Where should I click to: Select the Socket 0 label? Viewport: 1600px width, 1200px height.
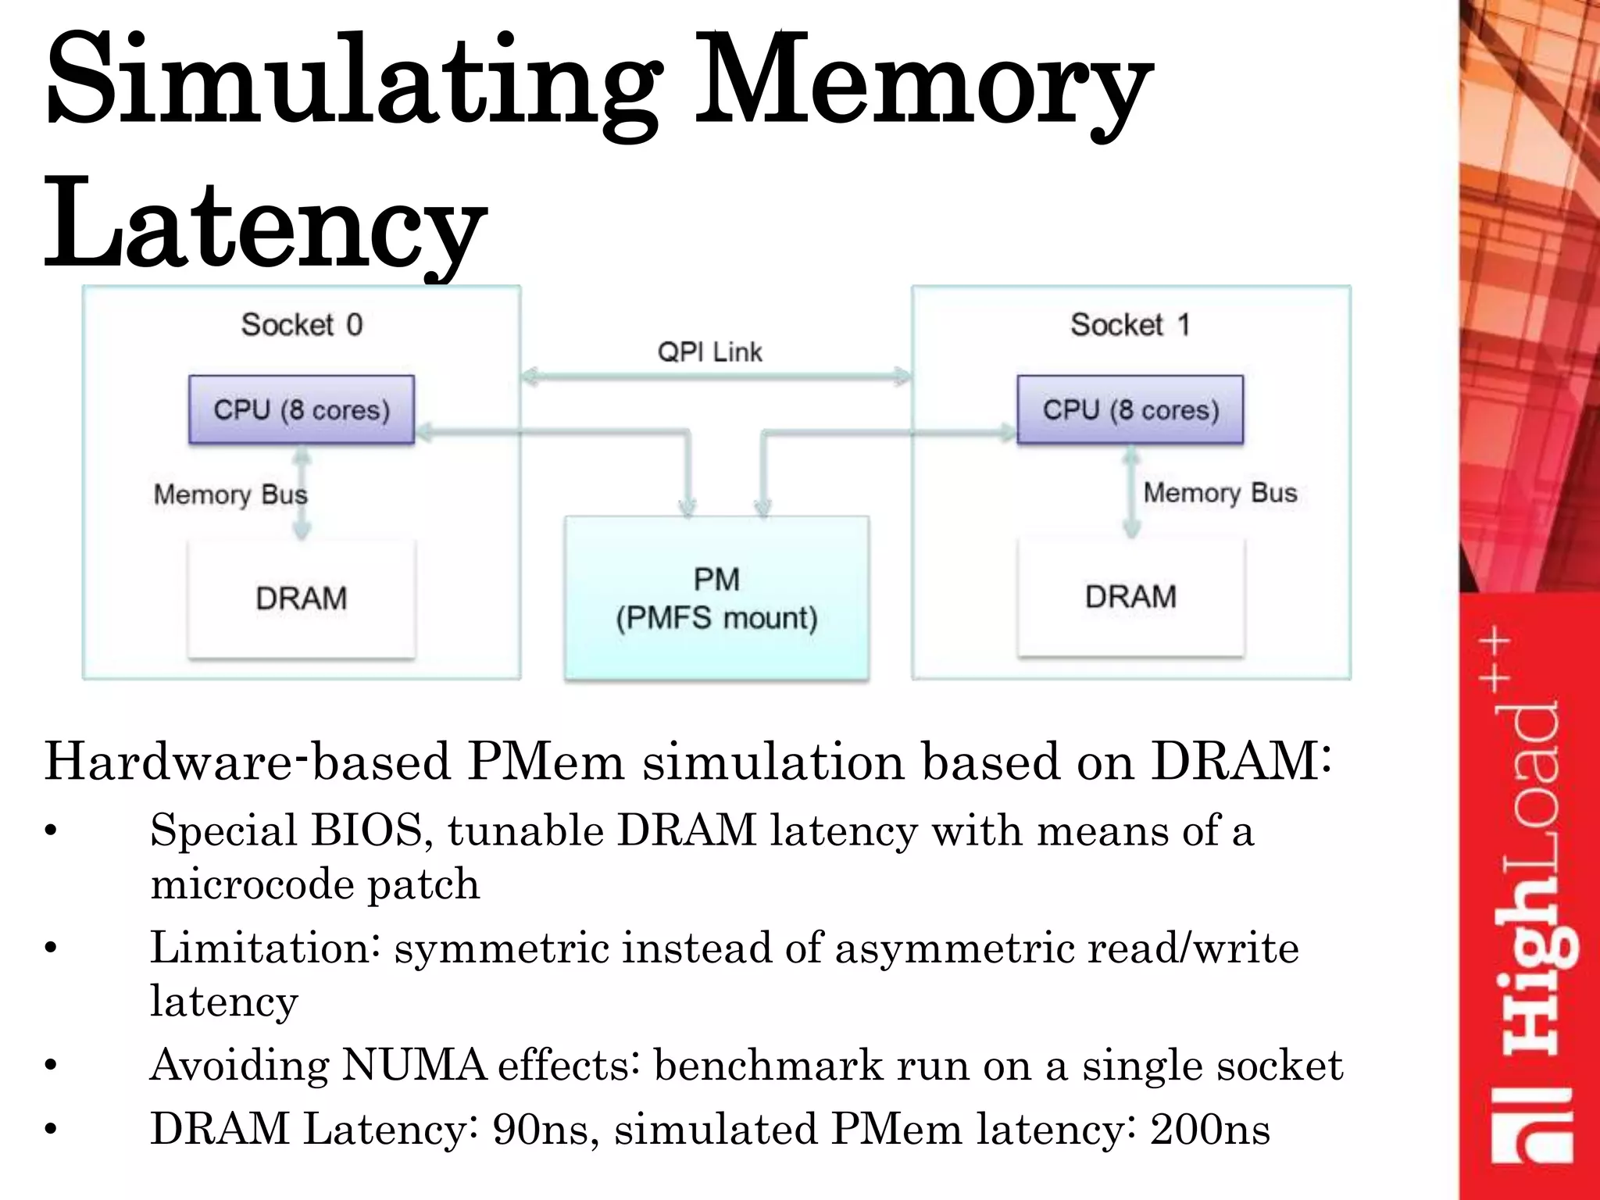point(302,324)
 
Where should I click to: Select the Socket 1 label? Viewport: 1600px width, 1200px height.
point(1130,324)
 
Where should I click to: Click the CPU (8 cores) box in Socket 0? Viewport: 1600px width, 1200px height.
point(302,410)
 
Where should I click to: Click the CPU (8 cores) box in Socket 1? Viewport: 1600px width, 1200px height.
point(1130,410)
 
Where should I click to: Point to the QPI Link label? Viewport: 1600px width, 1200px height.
point(709,352)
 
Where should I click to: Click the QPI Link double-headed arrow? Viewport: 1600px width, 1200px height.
point(716,377)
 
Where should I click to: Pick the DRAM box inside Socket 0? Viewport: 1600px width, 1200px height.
point(302,598)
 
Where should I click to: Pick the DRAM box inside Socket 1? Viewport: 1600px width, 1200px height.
point(1130,597)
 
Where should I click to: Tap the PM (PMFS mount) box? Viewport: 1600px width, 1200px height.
point(716,598)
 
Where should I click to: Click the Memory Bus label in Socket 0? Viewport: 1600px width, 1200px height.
point(230,495)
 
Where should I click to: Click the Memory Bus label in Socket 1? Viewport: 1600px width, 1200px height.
point(1220,493)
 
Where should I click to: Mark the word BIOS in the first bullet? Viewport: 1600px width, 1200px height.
point(366,830)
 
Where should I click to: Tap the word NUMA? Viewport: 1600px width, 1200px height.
point(414,1065)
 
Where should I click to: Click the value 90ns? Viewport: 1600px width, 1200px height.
point(539,1130)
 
